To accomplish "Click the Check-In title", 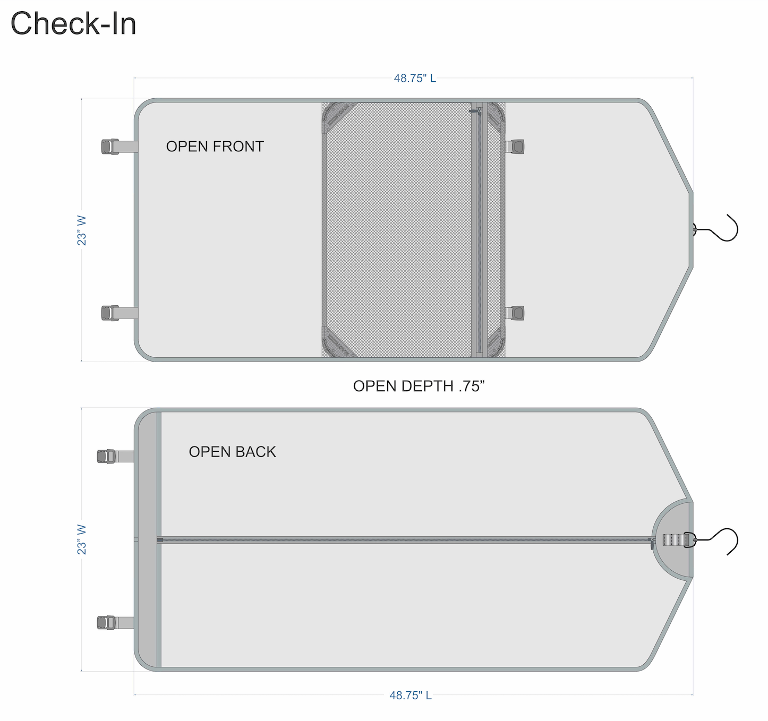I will pyautogui.click(x=73, y=24).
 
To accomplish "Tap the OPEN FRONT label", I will pyautogui.click(x=215, y=147).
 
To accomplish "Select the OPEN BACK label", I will pyautogui.click(x=232, y=452).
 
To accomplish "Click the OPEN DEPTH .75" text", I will pyautogui.click(x=419, y=386).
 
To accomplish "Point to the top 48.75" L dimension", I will pyautogui.click(x=414, y=79).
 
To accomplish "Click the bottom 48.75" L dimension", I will pyautogui.click(x=410, y=695).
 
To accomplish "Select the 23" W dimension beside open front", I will pyautogui.click(x=82, y=230).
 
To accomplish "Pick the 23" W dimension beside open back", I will pyautogui.click(x=82, y=539).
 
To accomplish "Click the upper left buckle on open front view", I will pyautogui.click(x=110, y=147).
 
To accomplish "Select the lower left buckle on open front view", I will pyautogui.click(x=110, y=313).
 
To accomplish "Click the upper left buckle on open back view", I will pyautogui.click(x=107, y=456).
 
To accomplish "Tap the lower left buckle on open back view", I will pyautogui.click(x=107, y=623).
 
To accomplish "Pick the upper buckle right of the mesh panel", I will pyautogui.click(x=516, y=147).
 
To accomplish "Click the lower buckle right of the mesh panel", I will pyautogui.click(x=516, y=313).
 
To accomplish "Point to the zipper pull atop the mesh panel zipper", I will pyautogui.click(x=477, y=111).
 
